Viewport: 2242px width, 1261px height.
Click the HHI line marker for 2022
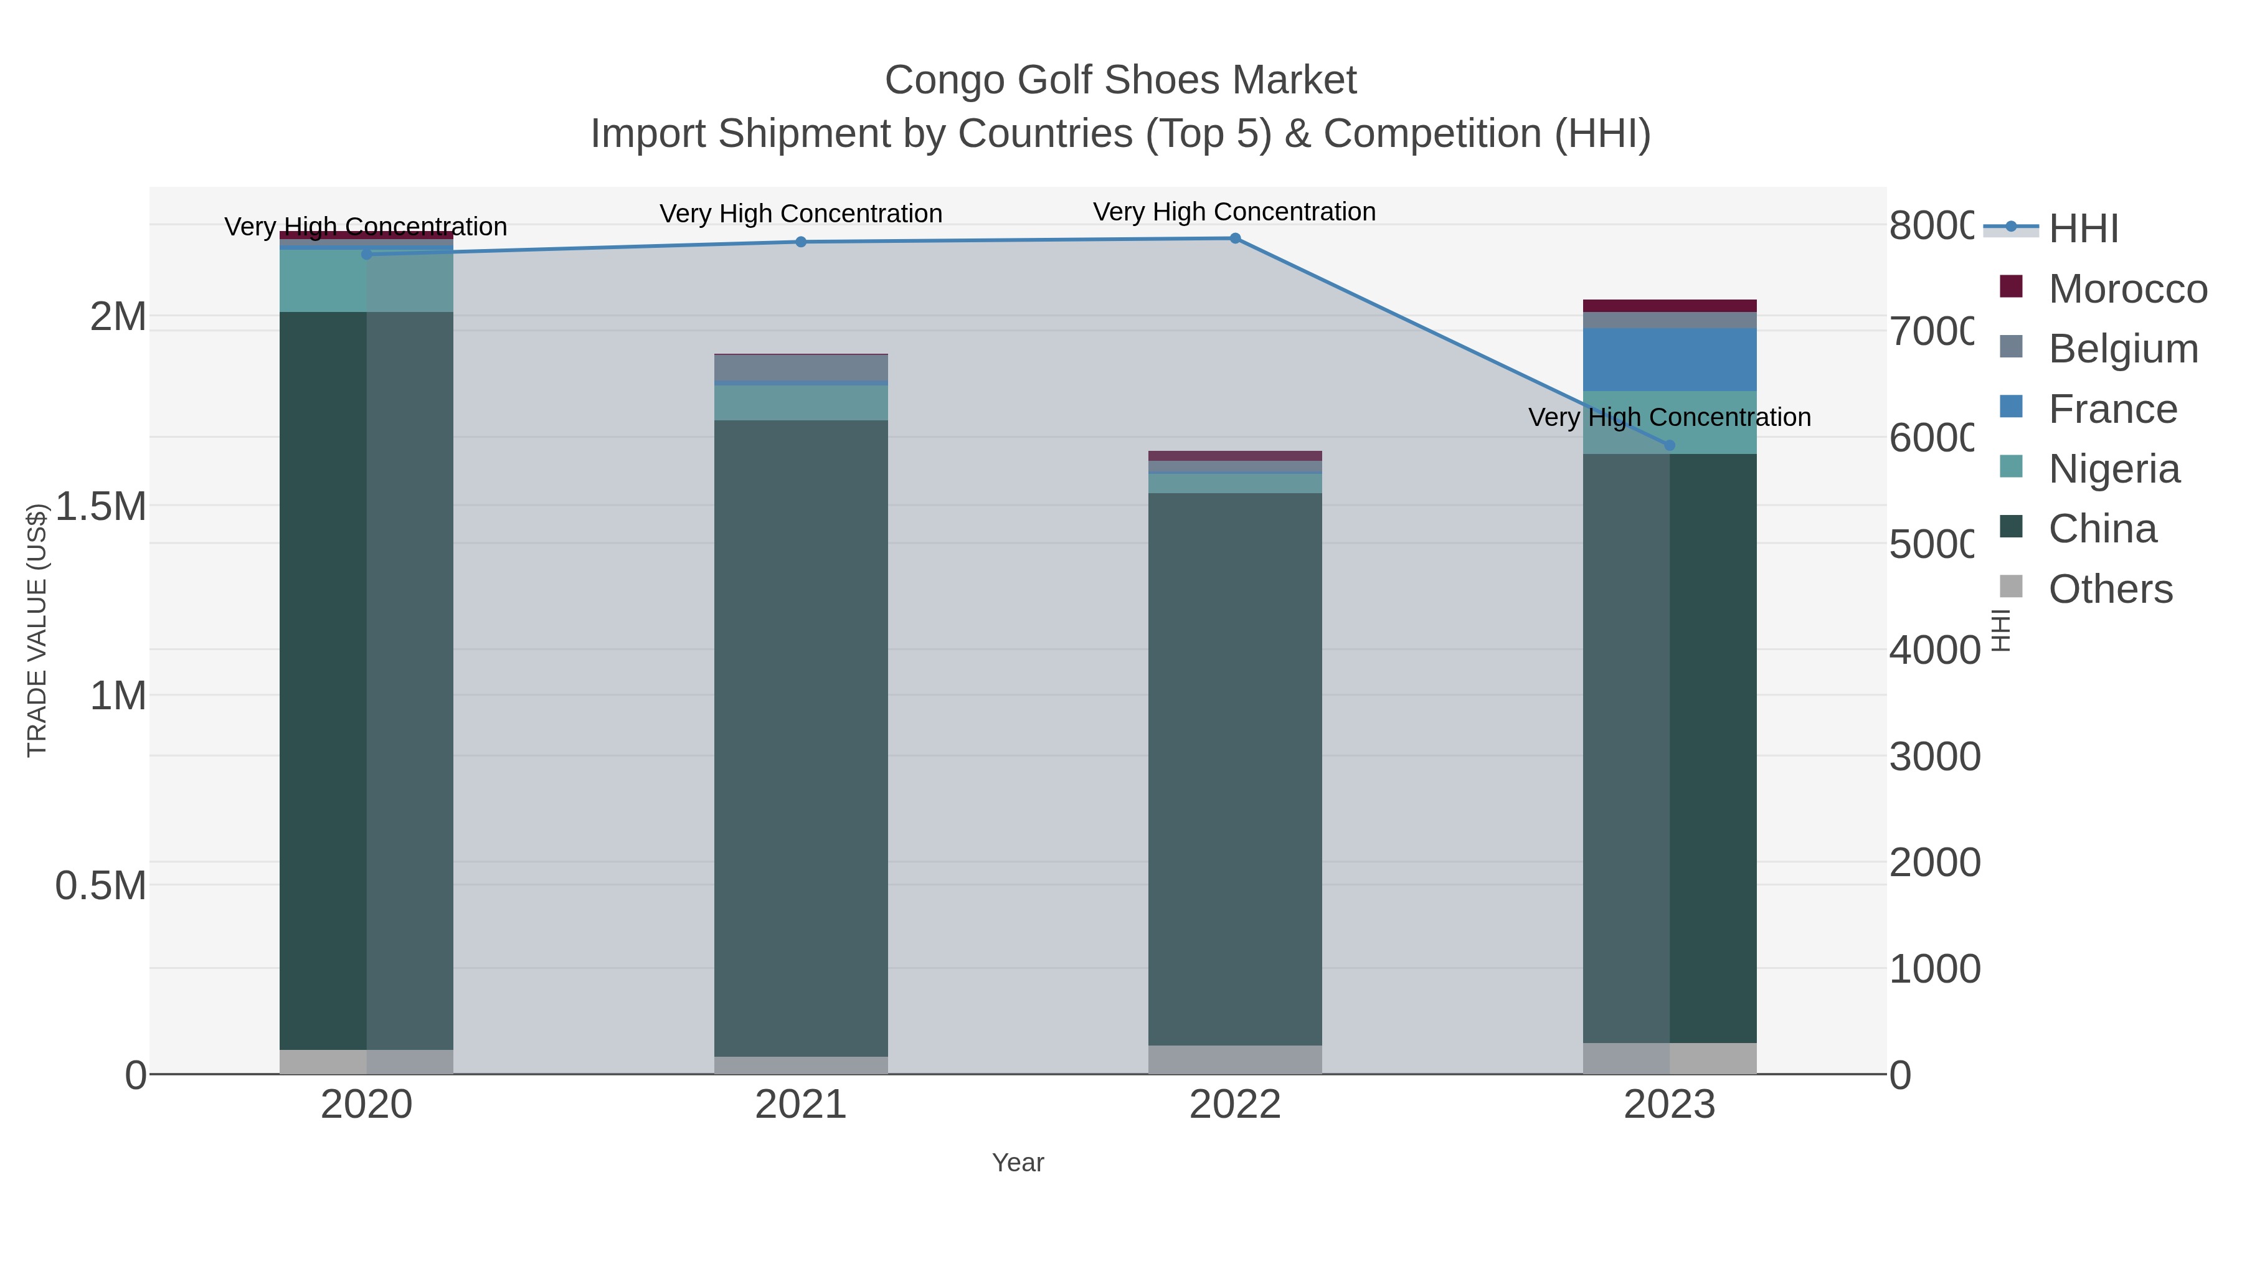click(1235, 239)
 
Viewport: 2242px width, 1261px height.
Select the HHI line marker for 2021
click(801, 242)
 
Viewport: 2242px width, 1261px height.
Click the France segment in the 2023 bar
click(1669, 359)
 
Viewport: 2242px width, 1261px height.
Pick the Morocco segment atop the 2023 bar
click(1669, 306)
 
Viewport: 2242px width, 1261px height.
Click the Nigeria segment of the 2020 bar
click(366, 281)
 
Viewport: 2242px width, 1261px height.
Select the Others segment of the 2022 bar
click(1235, 1059)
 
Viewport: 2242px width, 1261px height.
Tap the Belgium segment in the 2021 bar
click(801, 367)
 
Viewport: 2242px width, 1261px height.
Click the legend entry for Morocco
click(2127, 289)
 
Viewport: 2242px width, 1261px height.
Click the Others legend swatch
click(2012, 587)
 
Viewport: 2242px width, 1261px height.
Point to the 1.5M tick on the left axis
click(101, 506)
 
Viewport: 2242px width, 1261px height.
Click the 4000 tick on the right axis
click(1934, 650)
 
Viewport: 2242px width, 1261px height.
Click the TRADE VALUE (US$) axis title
click(37, 630)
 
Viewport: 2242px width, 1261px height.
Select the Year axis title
click(1018, 1163)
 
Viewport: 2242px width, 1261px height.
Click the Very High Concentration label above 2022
click(1234, 212)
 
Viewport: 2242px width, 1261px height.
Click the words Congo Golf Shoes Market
click(1120, 80)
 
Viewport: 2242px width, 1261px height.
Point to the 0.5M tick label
click(101, 886)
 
